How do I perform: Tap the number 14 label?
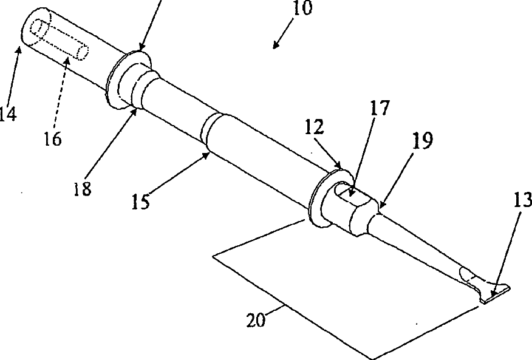click(7, 114)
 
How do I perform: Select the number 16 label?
click(52, 138)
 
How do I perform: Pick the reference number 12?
click(315, 127)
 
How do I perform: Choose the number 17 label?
click(380, 109)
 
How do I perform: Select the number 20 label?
click(256, 319)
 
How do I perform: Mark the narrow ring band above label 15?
click(210, 127)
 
